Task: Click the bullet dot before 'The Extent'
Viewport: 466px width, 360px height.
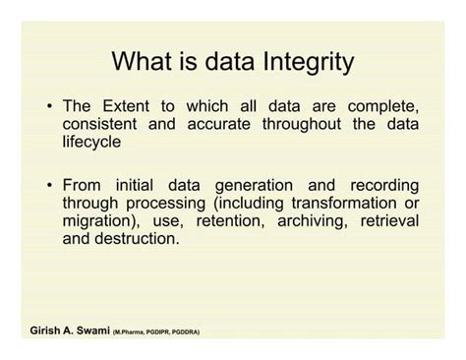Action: tap(50, 106)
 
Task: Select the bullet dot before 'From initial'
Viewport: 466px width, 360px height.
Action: tap(50, 185)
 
